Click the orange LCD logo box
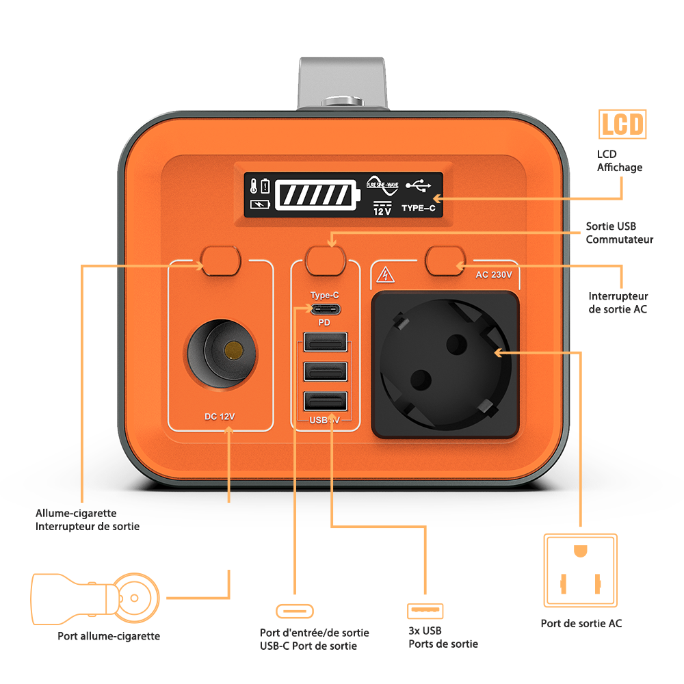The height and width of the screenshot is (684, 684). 622,124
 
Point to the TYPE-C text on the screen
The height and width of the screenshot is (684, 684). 418,207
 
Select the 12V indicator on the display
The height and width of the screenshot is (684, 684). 382,209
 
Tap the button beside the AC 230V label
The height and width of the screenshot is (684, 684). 445,261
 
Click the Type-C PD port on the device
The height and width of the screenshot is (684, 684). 325,309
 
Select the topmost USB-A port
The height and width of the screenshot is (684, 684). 325,342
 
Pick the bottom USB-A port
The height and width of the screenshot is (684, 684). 325,401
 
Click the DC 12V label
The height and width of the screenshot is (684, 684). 220,416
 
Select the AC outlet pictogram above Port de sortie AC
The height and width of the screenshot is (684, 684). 580,571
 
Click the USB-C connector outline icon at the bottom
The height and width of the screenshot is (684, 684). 295,610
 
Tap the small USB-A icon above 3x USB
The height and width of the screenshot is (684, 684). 425,610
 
